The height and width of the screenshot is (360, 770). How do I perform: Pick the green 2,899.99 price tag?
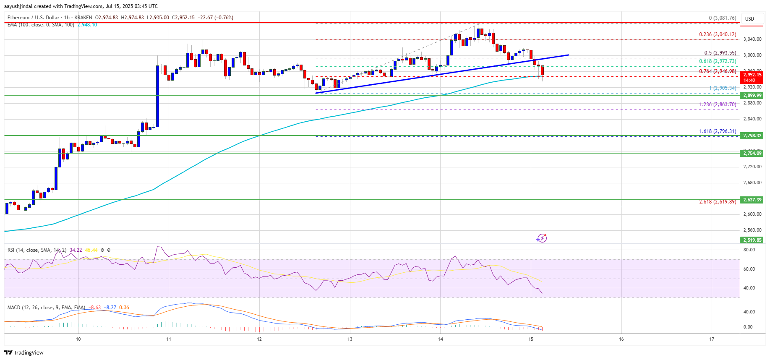[752, 95]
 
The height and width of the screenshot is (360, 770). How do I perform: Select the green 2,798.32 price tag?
[752, 136]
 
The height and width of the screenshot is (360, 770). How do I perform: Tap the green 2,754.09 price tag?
[752, 153]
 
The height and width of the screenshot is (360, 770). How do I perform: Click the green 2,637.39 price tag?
[752, 200]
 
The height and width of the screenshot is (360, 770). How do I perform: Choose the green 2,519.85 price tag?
[752, 240]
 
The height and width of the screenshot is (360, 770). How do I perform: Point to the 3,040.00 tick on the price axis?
[752, 39]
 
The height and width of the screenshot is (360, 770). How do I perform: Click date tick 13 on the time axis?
[350, 339]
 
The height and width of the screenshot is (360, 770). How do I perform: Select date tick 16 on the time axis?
[621, 339]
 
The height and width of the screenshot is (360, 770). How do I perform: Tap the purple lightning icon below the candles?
[542, 238]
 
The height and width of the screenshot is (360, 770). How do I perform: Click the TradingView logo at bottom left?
[24, 352]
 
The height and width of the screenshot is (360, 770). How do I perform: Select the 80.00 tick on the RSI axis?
[749, 250]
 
